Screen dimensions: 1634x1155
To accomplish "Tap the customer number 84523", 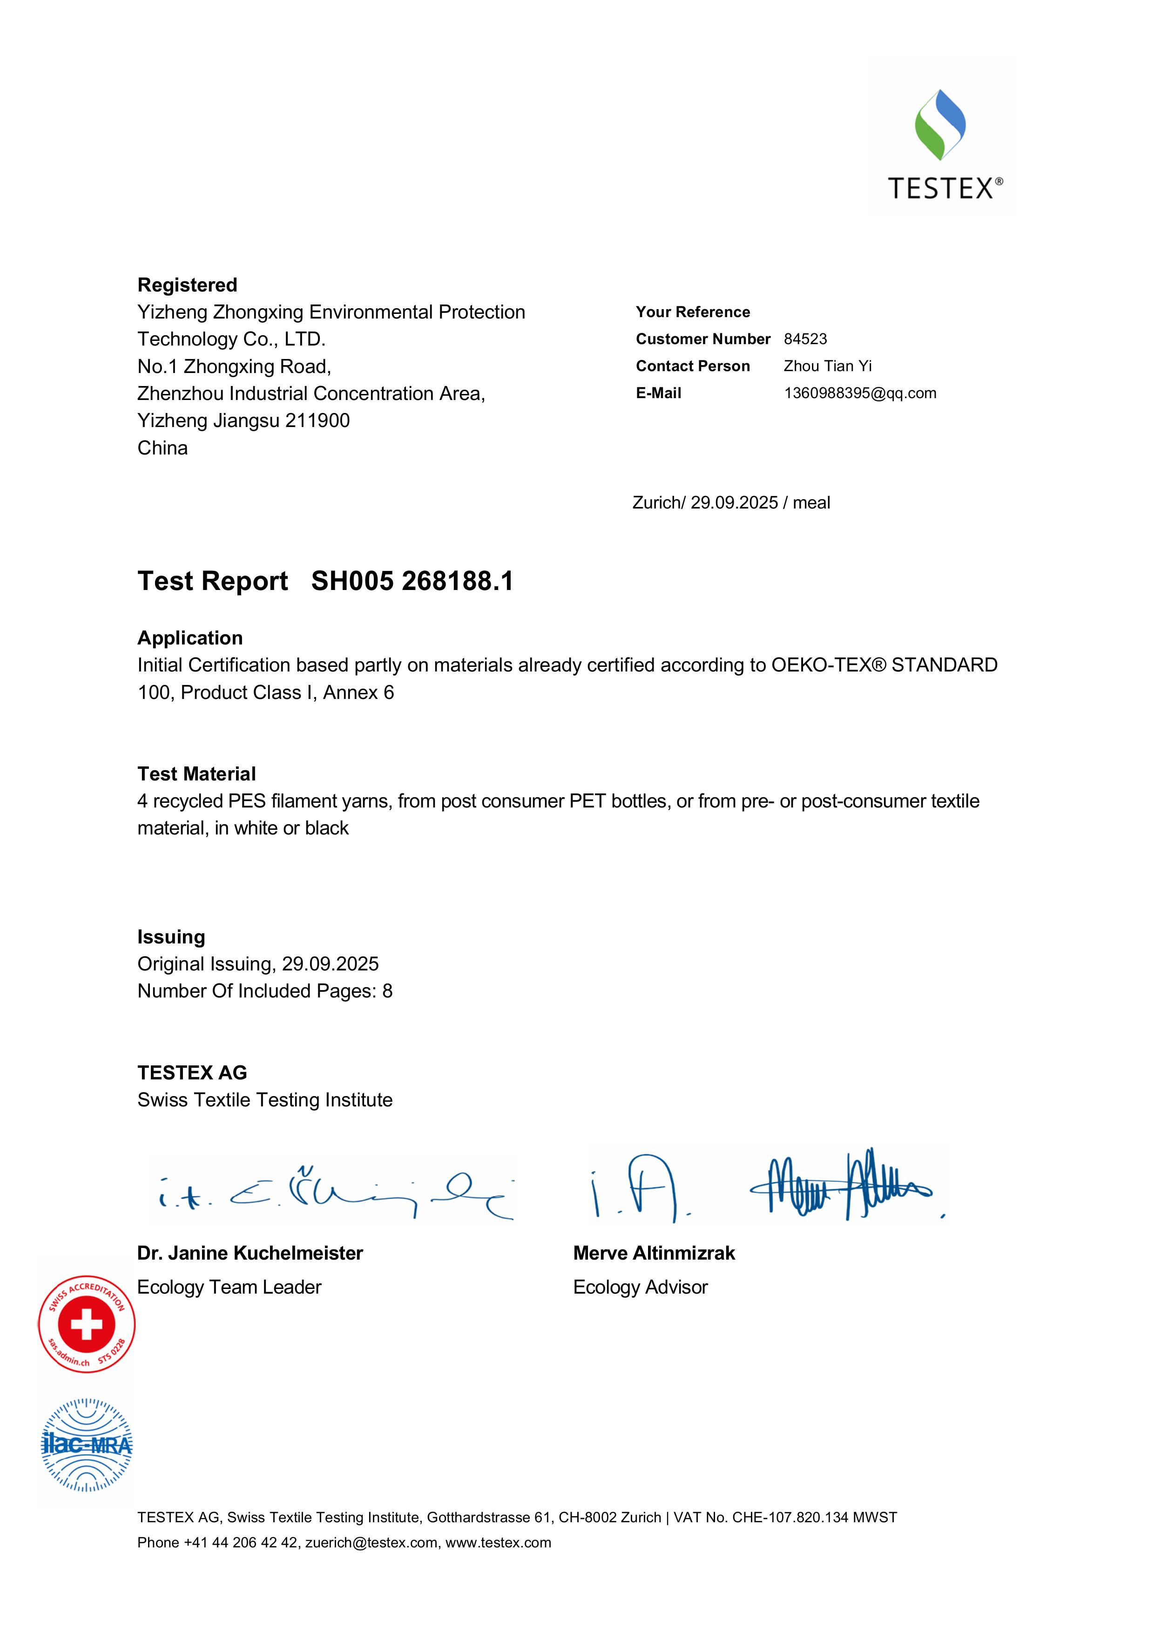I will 805,339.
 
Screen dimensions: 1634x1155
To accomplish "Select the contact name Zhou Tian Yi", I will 827,366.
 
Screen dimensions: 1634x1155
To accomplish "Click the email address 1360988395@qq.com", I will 860,393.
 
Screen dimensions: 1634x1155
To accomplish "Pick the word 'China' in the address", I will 162,448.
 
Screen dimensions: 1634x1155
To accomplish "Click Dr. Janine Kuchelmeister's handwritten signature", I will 334,1193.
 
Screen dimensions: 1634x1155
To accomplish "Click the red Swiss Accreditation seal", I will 87,1324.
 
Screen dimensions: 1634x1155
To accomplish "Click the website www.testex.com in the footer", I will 498,1543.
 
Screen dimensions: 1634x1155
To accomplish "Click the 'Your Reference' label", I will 692,312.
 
